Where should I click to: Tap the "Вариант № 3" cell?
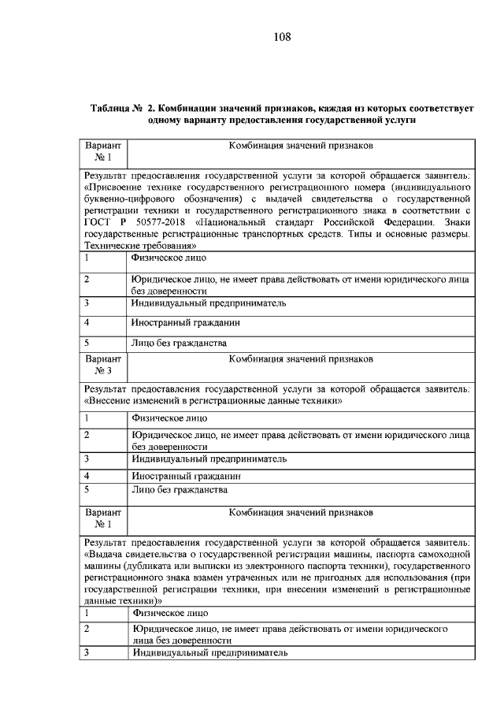click(x=104, y=364)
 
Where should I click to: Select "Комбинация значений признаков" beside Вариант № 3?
click(x=300, y=359)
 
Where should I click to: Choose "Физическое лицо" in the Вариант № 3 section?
click(x=169, y=418)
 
